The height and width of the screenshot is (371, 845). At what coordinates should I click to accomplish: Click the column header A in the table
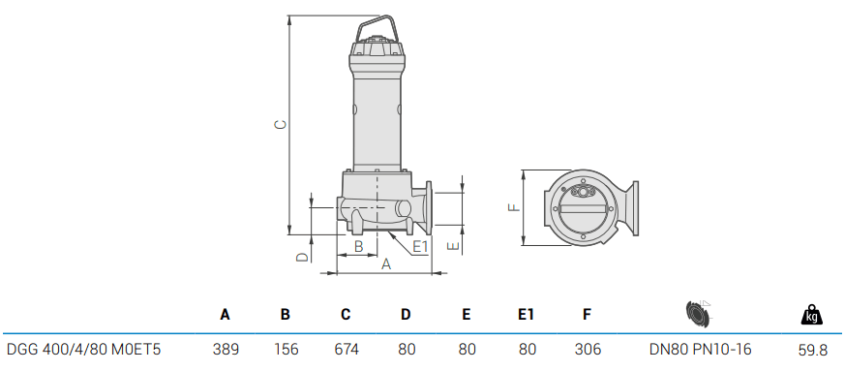pos(226,314)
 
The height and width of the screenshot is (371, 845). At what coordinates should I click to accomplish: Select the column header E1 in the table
pos(526,314)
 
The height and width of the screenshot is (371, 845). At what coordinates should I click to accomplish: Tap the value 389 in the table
pos(226,349)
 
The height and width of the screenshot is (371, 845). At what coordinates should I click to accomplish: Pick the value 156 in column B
pos(286,349)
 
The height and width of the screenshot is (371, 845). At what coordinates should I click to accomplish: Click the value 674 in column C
pos(346,349)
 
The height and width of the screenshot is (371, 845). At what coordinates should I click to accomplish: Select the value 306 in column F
pos(587,349)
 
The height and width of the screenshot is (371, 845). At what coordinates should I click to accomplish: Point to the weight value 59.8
pos(812,349)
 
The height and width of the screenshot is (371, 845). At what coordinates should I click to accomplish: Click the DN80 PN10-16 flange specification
pos(700,349)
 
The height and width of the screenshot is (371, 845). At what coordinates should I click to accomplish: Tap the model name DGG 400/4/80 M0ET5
pos(83,349)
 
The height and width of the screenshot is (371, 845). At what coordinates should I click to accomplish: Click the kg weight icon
pos(812,314)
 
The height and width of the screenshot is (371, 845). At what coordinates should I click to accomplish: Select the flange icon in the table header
pos(698,313)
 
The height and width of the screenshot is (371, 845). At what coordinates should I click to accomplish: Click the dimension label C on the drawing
pos(279,125)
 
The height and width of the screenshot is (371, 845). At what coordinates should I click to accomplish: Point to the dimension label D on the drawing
pos(302,257)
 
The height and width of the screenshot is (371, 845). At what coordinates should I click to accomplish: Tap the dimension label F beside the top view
pos(515,206)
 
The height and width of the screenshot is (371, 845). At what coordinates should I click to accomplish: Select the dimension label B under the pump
pos(358,247)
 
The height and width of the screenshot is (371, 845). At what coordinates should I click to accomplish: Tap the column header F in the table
pos(587,314)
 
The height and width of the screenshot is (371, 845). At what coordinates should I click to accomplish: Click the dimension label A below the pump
pos(385,263)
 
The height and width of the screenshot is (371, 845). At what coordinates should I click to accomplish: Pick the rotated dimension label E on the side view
pos(452,246)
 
